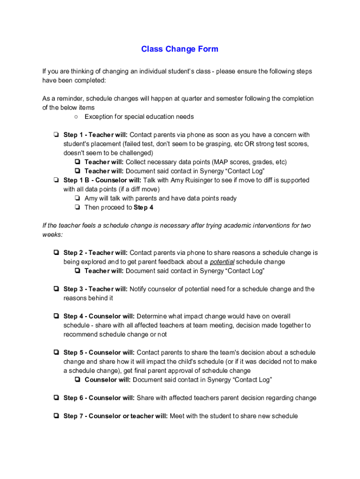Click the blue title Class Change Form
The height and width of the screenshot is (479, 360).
pos(180,49)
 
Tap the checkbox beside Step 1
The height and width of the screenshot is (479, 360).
pos(56,135)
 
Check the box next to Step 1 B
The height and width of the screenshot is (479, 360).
pos(56,180)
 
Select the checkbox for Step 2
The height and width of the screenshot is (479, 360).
pos(56,253)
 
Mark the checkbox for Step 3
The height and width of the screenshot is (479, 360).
pos(56,289)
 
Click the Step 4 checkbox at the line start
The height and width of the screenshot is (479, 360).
pos(56,317)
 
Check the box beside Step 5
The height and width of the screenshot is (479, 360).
pos(56,353)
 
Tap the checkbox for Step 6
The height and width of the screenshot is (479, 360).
pos(56,398)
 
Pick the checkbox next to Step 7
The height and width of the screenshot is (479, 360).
pos(56,416)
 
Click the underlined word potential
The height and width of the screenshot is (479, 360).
pos(222,262)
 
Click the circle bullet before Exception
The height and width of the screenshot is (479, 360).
pos(76,116)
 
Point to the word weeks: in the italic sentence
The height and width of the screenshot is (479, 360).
pos(52,234)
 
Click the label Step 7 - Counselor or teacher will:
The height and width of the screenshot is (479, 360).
pos(115,416)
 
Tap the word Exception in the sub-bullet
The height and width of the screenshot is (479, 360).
pos(99,116)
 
